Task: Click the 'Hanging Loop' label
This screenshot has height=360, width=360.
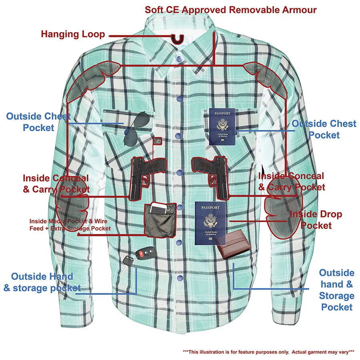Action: (73, 34)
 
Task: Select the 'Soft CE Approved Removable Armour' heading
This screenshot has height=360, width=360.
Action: (230, 9)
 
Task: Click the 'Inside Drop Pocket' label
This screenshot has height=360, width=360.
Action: (316, 220)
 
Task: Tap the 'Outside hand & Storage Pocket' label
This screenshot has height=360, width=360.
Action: (336, 290)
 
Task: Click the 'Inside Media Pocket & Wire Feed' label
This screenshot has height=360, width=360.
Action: (70, 225)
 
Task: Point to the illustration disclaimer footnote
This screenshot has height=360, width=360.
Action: (268, 352)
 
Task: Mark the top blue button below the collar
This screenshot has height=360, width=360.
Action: (178, 59)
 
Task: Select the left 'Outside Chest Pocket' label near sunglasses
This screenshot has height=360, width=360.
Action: (38, 122)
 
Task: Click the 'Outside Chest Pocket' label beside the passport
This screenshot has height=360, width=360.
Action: (324, 129)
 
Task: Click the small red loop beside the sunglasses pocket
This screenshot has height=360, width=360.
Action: (159, 141)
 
